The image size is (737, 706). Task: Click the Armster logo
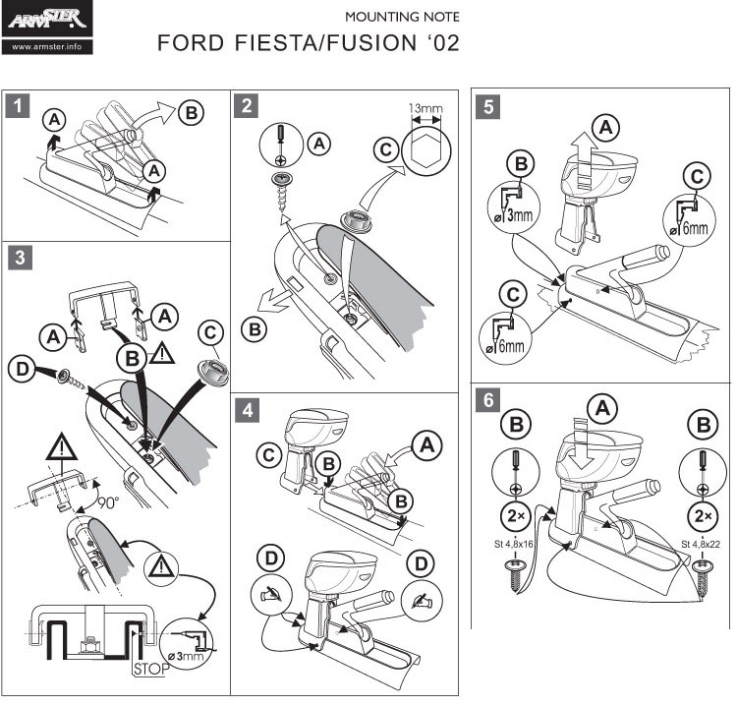48,19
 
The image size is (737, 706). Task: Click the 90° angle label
107,502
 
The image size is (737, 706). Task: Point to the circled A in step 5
609,127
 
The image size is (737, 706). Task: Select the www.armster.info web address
48,45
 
